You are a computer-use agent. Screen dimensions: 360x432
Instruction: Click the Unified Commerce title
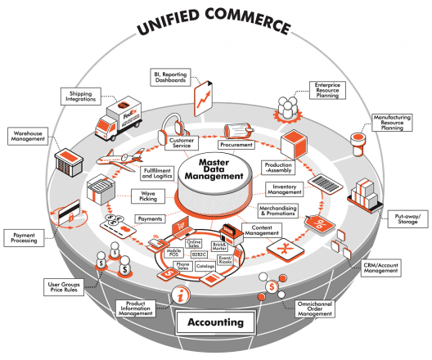click(214, 25)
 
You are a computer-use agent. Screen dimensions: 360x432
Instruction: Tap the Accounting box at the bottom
click(214, 322)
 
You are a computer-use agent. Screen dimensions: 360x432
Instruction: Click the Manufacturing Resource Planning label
click(393, 123)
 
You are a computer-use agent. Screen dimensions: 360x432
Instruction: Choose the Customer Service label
click(182, 144)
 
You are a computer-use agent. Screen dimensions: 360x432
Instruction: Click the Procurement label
click(236, 144)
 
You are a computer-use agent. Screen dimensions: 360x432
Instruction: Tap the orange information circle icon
click(173, 296)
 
